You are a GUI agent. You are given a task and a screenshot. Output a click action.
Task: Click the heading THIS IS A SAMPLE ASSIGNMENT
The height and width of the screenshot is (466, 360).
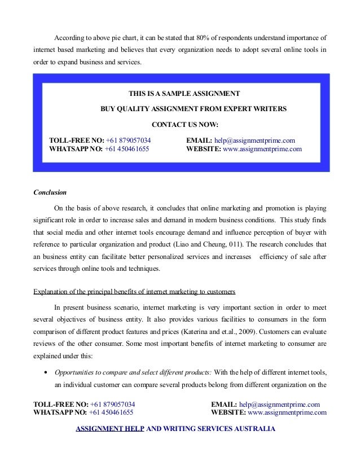pos(185,93)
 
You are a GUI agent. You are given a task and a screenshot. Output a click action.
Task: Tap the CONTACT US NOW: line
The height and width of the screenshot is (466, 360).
pos(185,124)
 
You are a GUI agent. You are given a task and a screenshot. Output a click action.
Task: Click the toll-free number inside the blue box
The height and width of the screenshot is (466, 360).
pos(127,140)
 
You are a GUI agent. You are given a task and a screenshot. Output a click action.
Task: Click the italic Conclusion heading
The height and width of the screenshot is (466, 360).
pos(50,192)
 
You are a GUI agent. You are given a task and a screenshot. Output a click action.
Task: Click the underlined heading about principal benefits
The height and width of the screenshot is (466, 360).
pos(135,292)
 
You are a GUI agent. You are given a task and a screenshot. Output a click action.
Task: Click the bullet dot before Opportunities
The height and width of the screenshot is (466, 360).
pos(44,372)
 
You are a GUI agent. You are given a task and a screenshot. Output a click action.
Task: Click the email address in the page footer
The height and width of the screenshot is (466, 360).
pos(279,405)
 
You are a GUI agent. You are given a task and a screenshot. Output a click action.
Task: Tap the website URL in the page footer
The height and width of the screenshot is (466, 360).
pos(287,412)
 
